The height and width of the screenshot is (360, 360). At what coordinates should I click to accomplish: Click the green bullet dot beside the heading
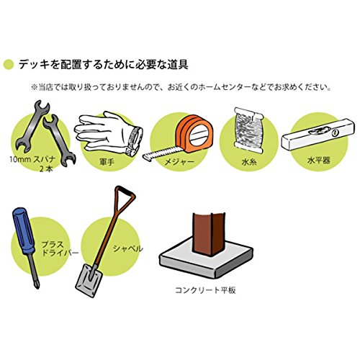point(9,64)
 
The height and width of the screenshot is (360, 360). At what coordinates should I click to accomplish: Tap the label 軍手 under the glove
point(107,162)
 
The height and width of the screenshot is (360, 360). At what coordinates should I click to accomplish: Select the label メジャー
point(179,162)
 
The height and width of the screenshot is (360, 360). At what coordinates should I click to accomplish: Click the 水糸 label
point(249,162)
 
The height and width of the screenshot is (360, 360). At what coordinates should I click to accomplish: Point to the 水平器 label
point(319,160)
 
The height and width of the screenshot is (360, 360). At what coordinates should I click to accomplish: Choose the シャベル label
point(128,248)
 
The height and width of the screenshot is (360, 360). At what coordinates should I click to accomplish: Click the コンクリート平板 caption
point(205,290)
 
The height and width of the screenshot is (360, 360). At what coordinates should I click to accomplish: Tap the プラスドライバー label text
point(60,248)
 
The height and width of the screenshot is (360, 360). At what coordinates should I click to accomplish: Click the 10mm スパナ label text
point(32,159)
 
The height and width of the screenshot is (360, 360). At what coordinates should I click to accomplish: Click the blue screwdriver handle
point(24,230)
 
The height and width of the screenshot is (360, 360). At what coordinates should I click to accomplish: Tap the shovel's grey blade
point(89,280)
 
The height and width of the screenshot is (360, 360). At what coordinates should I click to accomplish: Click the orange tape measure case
point(194,133)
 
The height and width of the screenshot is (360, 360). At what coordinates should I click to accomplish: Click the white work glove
point(109,133)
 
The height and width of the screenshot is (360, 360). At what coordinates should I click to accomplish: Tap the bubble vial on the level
point(318,131)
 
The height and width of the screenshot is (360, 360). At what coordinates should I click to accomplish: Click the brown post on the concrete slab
point(209,233)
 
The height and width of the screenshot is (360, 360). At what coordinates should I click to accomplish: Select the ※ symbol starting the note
point(34,87)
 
